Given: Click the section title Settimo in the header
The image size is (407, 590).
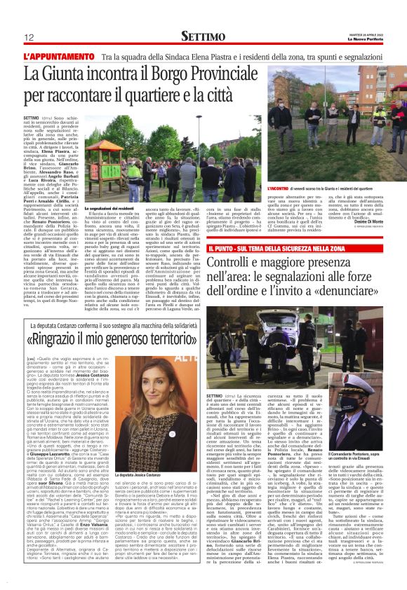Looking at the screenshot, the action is [x=203, y=36].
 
